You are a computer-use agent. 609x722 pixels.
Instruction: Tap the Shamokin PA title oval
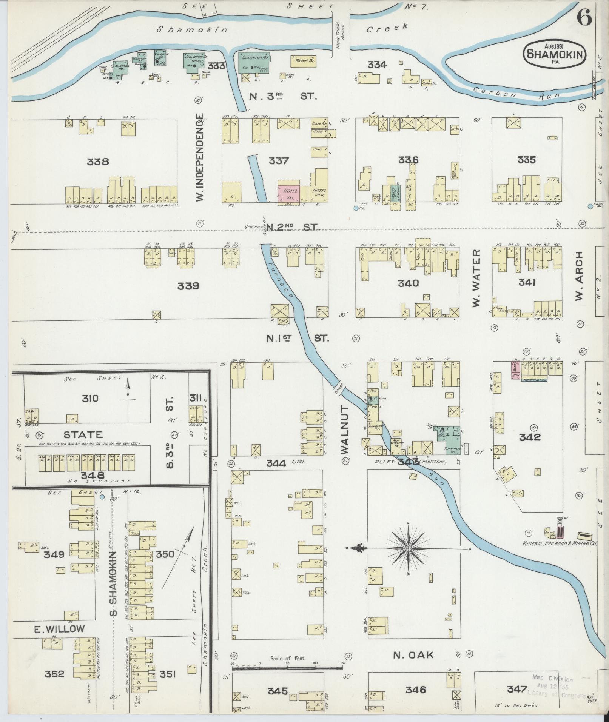pyautogui.click(x=555, y=55)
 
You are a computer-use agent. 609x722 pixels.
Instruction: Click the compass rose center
pyautogui.click(x=408, y=548)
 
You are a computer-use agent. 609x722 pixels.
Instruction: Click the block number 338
pyautogui.click(x=98, y=162)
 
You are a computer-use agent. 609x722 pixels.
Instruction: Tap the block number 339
pyautogui.click(x=188, y=286)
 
